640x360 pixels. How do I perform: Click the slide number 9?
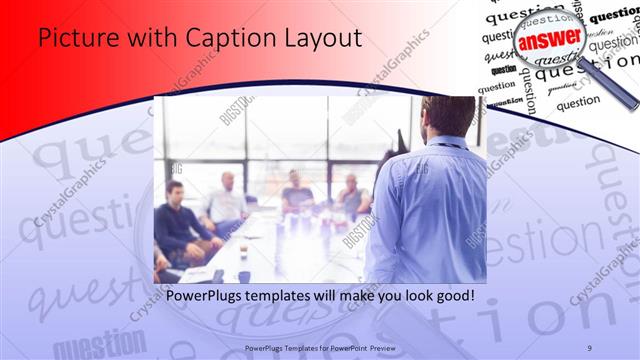click(x=590, y=346)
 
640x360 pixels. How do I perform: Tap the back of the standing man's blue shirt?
click(x=430, y=210)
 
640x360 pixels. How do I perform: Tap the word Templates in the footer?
click(x=291, y=346)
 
